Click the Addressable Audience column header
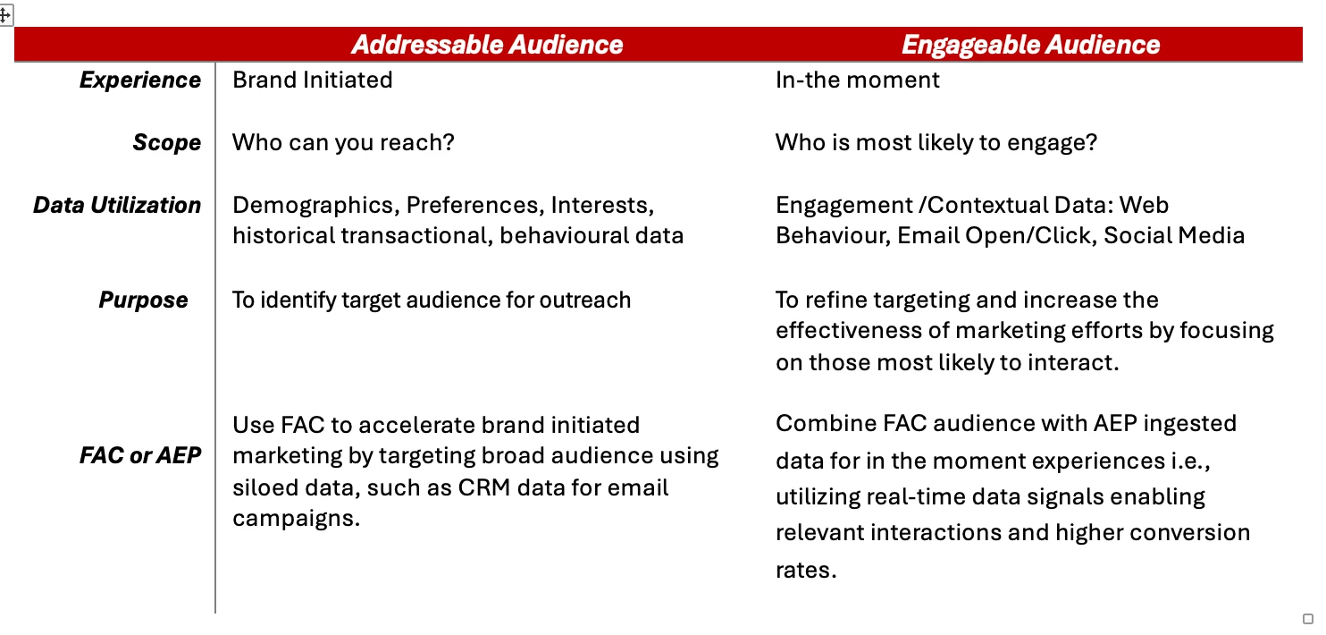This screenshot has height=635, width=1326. click(487, 45)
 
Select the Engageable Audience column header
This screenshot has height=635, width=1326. click(1030, 45)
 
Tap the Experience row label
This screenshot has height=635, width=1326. click(140, 80)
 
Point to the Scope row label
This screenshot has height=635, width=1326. click(167, 143)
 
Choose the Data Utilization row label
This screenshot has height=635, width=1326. click(117, 205)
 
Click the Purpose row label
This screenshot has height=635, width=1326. click(143, 301)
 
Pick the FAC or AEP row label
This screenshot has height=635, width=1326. click(140, 455)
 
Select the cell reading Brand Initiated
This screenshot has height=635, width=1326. click(313, 80)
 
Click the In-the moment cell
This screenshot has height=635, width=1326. click(858, 80)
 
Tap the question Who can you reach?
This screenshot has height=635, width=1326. click(343, 143)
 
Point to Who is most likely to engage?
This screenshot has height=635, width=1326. click(936, 143)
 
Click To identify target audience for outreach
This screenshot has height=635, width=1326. click(432, 301)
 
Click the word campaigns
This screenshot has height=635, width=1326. click(296, 520)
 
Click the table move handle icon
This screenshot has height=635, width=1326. click(5, 15)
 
